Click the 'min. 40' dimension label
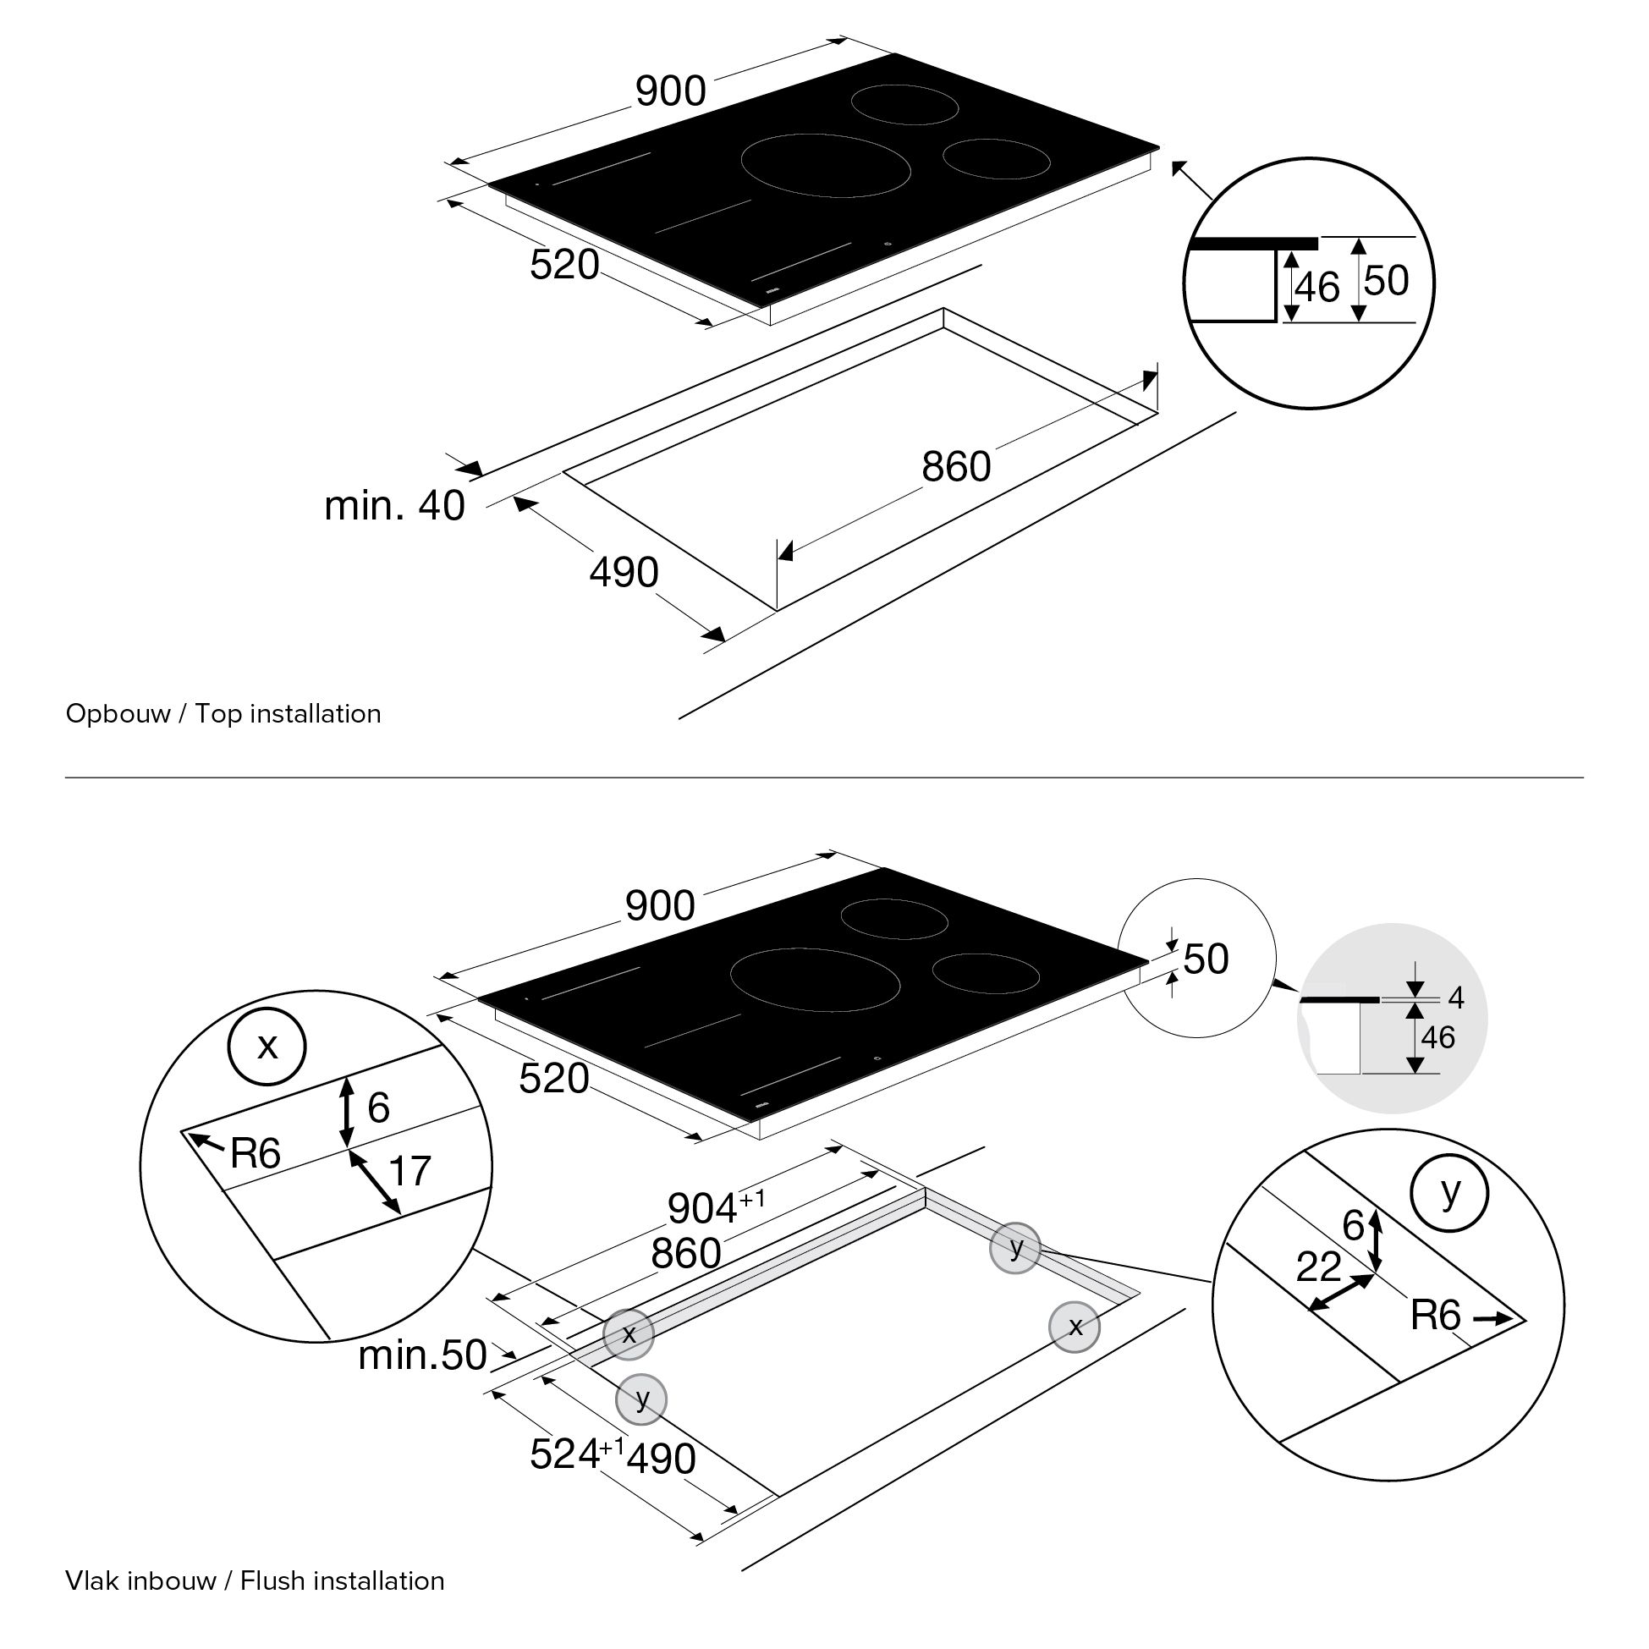(394, 505)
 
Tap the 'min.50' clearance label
(421, 1355)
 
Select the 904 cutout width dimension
(702, 1207)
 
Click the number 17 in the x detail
(410, 1171)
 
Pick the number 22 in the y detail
(1319, 1267)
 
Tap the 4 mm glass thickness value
(1456, 998)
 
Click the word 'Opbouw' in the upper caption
(118, 713)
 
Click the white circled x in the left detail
(267, 1047)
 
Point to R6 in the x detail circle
(256, 1154)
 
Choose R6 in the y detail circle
(1436, 1316)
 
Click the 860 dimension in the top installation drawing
(956, 467)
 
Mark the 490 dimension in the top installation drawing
(624, 572)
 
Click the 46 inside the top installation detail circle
(1317, 288)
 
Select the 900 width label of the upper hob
(671, 91)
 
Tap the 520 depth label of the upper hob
(564, 266)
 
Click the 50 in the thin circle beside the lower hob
(1205, 959)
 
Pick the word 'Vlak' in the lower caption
(93, 1580)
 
